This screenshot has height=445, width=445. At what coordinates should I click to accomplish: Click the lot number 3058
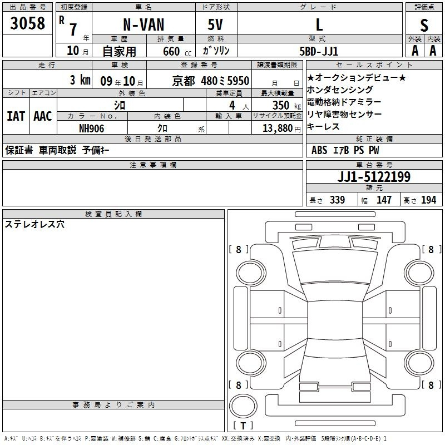pyautogui.click(x=27, y=23)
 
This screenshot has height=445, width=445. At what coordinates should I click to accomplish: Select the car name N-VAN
pyautogui.click(x=144, y=24)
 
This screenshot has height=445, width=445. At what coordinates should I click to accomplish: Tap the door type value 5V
pyautogui.click(x=215, y=24)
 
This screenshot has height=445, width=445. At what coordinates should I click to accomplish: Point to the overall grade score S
pyautogui.click(x=424, y=25)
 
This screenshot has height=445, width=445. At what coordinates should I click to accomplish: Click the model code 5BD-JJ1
pyautogui.click(x=319, y=51)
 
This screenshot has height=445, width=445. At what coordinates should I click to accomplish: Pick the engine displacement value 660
pyautogui.click(x=171, y=51)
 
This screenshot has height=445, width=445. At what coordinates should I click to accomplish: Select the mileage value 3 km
pyautogui.click(x=80, y=80)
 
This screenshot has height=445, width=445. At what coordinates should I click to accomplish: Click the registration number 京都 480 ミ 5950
pyautogui.click(x=211, y=81)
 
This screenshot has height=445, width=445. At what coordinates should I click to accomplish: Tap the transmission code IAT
pyautogui.click(x=16, y=116)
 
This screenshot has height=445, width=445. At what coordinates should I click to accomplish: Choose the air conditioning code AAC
pyautogui.click(x=43, y=116)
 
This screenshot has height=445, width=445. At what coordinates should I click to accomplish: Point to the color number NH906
pyautogui.click(x=91, y=128)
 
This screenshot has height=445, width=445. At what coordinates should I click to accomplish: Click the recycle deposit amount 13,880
pyautogui.click(x=277, y=128)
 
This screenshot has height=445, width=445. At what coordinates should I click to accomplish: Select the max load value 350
pyautogui.click(x=281, y=105)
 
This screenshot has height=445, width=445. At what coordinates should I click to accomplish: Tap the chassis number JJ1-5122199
pyautogui.click(x=374, y=176)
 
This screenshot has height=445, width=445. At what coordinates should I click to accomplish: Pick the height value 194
pyautogui.click(x=428, y=200)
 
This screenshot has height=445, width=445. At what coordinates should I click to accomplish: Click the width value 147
pyautogui.click(x=384, y=200)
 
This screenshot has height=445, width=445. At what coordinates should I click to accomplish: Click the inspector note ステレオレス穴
pyautogui.click(x=34, y=224)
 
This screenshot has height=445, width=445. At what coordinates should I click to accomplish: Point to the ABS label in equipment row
pyautogui.click(x=319, y=150)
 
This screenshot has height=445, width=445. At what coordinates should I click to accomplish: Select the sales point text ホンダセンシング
pyautogui.click(x=340, y=90)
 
